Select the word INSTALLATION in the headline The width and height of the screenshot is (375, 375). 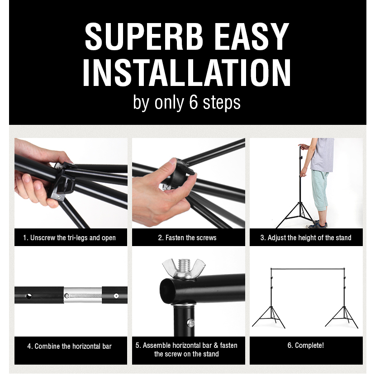point(187,73)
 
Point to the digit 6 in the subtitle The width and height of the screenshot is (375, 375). point(194,102)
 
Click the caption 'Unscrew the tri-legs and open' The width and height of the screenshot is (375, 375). point(73,238)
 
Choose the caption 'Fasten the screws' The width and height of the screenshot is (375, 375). point(191,238)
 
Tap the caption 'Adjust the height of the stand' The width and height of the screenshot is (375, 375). point(309,238)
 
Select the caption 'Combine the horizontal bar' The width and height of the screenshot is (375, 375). point(73,347)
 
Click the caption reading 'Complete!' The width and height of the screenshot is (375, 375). point(309,345)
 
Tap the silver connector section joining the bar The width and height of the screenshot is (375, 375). point(83,295)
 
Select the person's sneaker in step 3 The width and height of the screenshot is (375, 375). point(316,225)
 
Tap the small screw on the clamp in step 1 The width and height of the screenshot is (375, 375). point(58,197)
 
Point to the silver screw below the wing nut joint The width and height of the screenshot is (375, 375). point(190,323)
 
